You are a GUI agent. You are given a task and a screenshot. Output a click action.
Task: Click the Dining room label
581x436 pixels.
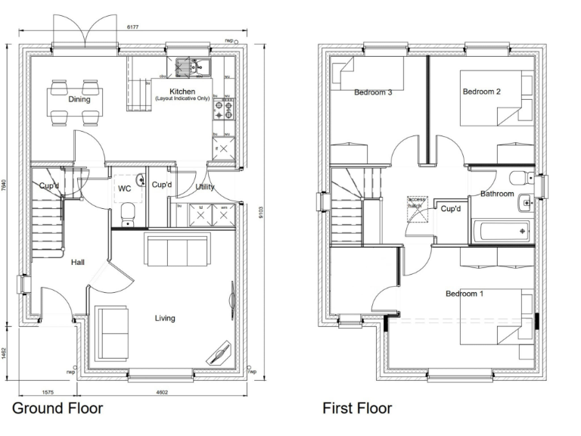click(x=79, y=99)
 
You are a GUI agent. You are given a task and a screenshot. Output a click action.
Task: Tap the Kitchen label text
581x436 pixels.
click(x=182, y=92)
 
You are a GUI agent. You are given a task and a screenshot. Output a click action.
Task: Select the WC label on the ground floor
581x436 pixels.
click(x=124, y=188)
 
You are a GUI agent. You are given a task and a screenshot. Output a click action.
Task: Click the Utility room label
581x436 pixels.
click(x=204, y=187)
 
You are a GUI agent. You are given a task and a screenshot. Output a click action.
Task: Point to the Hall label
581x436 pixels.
click(x=78, y=263)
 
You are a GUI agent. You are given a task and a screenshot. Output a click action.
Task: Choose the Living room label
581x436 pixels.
click(x=164, y=319)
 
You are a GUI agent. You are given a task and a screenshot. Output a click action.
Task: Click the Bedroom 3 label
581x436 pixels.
click(x=373, y=93)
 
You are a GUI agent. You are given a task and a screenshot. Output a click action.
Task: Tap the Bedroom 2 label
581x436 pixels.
click(x=482, y=92)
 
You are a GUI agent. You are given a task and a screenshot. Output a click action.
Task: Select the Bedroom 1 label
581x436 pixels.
click(x=464, y=294)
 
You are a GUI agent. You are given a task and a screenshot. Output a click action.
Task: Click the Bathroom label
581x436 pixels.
click(x=497, y=195)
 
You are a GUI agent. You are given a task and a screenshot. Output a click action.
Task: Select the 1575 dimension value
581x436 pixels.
click(x=46, y=392)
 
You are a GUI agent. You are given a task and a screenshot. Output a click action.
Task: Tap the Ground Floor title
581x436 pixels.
click(x=57, y=410)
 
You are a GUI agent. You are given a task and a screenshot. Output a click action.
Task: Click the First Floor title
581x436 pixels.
click(x=357, y=410)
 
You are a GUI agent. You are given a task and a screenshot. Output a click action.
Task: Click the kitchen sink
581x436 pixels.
click(x=193, y=67)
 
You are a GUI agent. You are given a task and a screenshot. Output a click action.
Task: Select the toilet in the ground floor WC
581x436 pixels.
click(x=128, y=213)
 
